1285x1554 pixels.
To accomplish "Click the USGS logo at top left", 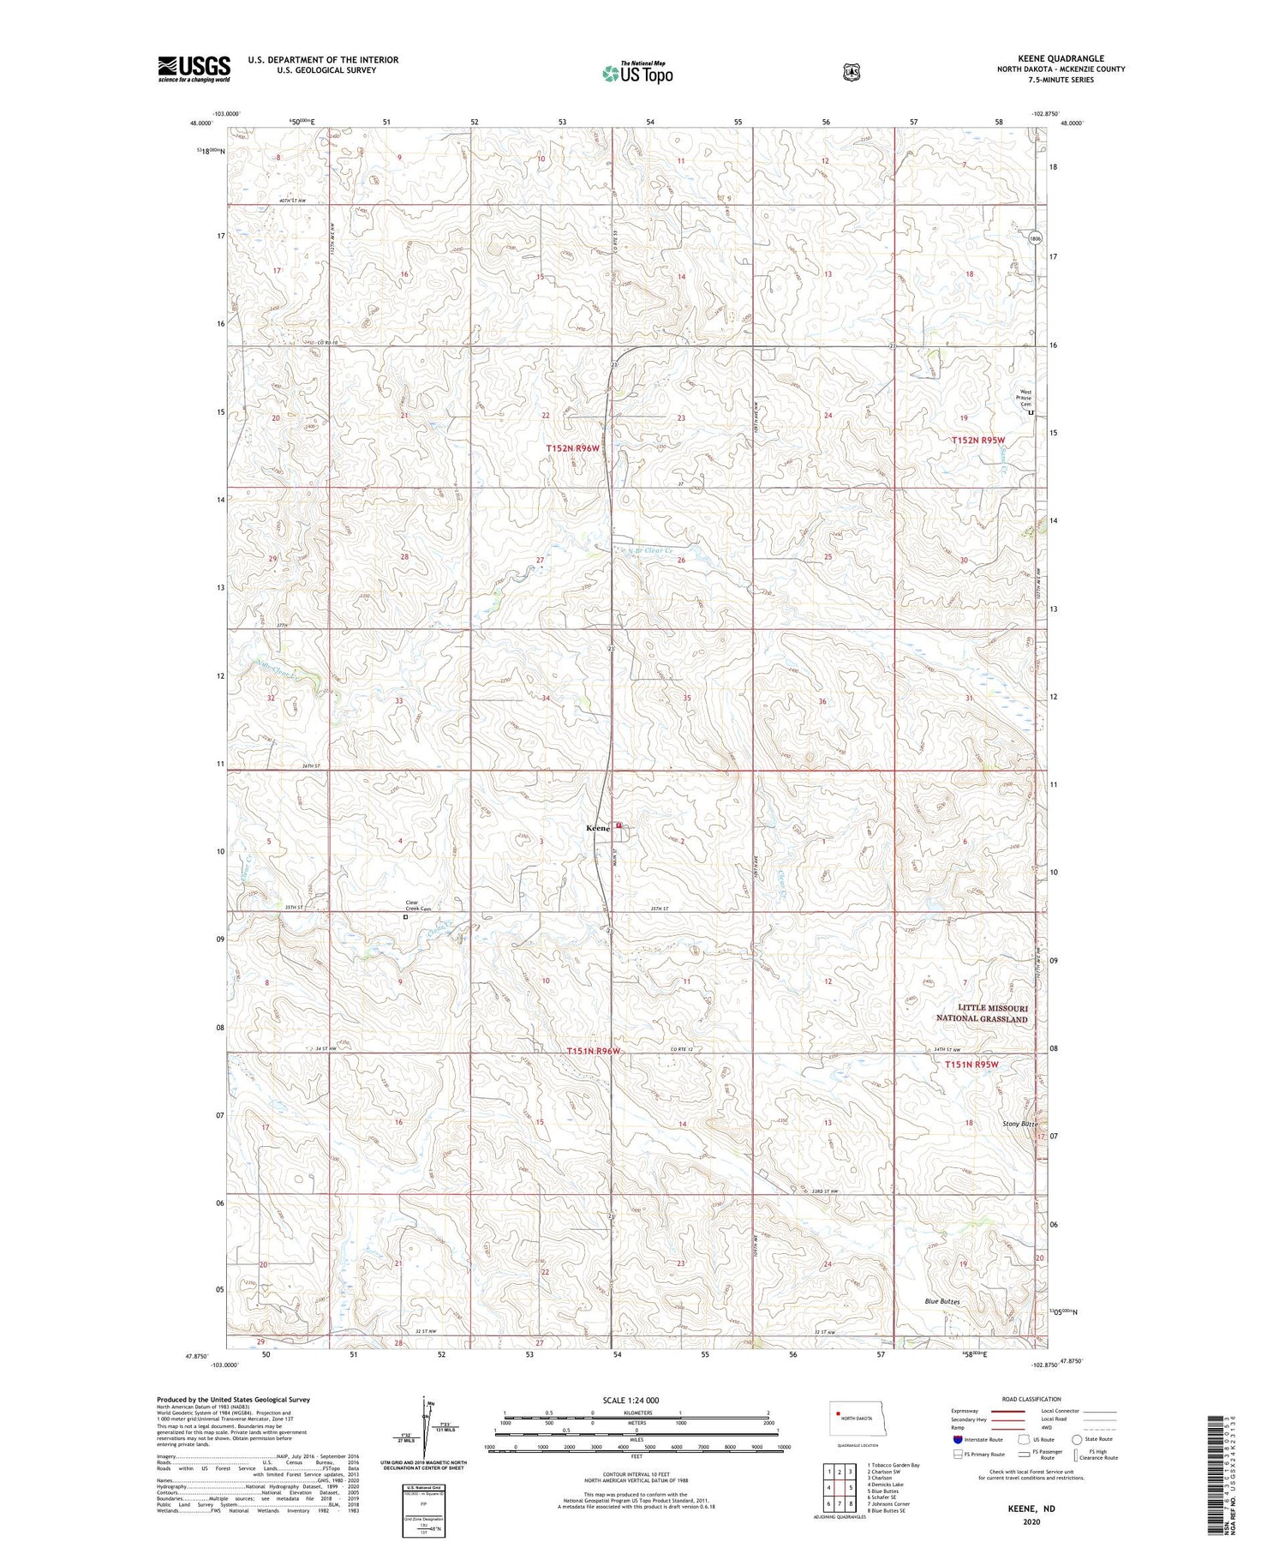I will [194, 69].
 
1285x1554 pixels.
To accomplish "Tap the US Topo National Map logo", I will [637, 72].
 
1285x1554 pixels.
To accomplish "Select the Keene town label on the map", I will [597, 828].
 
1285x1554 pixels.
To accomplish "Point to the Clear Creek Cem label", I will [417, 905].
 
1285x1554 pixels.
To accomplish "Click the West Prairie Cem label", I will [1024, 399].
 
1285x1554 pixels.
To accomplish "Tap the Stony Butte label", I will [1019, 1123].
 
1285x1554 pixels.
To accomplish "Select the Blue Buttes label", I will [942, 1301].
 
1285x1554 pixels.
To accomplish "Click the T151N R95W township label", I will [971, 1065].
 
